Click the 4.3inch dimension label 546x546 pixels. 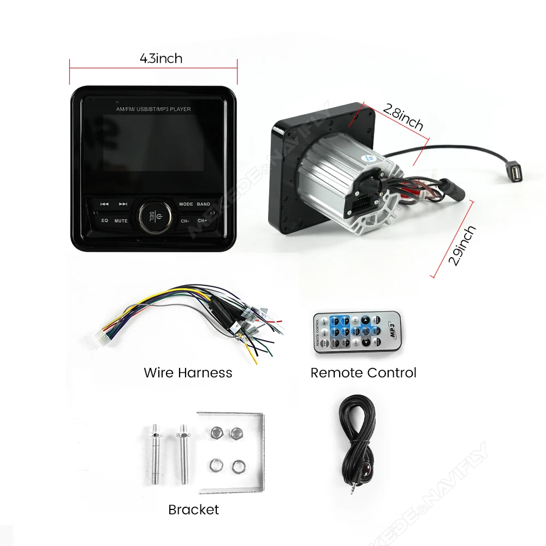[x=161, y=58]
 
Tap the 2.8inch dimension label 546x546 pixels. [x=403, y=117]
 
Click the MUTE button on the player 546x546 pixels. [x=121, y=221]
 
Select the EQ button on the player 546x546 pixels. [x=104, y=221]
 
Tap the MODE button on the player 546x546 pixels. [x=186, y=204]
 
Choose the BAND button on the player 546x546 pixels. [x=204, y=204]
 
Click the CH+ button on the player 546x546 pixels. [x=203, y=221]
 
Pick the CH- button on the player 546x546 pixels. [x=185, y=221]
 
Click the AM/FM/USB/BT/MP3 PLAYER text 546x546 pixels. [x=153, y=109]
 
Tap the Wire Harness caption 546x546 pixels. [x=188, y=373]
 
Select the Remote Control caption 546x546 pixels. [x=363, y=373]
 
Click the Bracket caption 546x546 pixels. [x=193, y=509]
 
